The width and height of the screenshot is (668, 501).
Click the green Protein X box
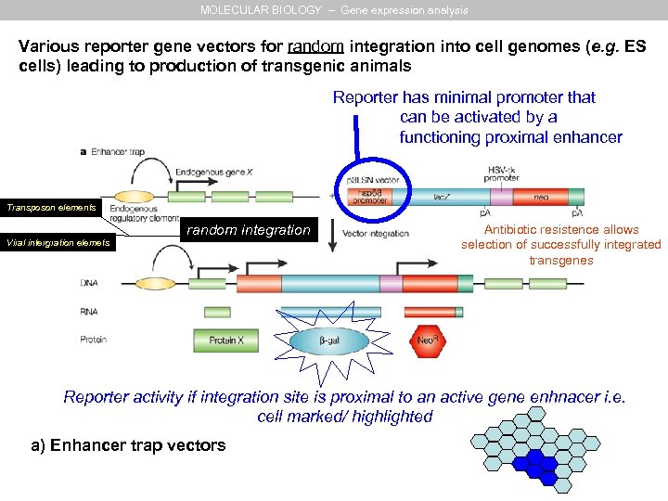pos(226,340)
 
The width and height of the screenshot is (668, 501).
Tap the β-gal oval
pos(329,341)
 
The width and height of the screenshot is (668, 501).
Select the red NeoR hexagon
pos(426,340)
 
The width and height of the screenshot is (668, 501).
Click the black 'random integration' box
pos(249,230)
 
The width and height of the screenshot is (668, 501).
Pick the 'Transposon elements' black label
pos(52,208)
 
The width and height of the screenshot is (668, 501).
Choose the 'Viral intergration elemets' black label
pos(57,243)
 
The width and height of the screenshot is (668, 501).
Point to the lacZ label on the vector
pos(443,197)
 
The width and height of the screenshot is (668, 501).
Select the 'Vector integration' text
pos(376,233)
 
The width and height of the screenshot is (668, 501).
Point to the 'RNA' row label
pos(90,312)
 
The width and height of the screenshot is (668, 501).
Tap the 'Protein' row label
pos(94,340)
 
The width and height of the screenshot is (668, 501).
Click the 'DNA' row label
pos(90,282)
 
